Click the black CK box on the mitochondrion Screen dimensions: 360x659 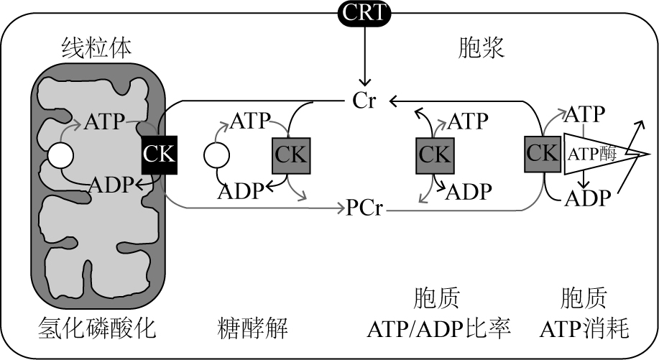159,153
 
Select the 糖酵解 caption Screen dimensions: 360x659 252,329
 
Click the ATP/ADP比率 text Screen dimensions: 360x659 438,329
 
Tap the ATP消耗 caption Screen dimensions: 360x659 584,329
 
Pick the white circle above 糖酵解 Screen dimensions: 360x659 216,154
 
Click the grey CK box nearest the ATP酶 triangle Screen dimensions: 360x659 543,153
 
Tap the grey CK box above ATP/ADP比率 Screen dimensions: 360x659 435,154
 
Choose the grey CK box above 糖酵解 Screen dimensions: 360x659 290,154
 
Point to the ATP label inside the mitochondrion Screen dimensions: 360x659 105,121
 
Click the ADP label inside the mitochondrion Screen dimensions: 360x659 111,185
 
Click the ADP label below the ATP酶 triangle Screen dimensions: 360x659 586,197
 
